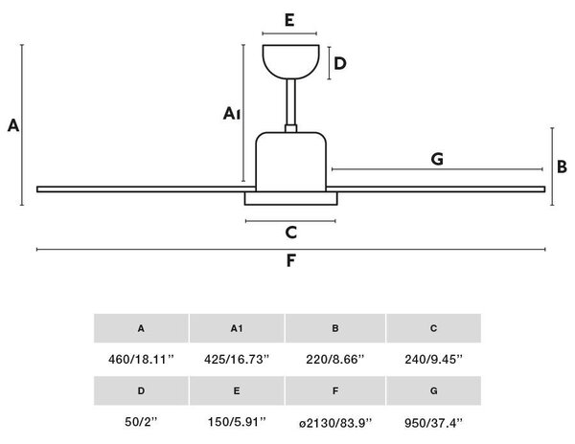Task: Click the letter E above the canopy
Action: coord(289,20)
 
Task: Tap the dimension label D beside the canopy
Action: coord(340,64)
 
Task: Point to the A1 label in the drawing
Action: coord(232,114)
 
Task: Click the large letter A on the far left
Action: coord(13,125)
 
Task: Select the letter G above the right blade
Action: coord(437,159)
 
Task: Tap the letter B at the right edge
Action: coord(562,166)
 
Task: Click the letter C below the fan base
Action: coord(290,233)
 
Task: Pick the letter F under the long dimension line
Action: coord(290,260)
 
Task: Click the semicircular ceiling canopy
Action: coord(290,61)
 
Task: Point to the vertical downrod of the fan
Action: coord(290,102)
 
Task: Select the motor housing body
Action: coord(290,162)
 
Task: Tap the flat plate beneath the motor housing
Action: coord(290,198)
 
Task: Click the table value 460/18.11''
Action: coord(141,360)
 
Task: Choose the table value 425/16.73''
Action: coord(237,360)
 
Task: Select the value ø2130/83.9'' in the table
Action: coord(335,423)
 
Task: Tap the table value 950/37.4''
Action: coord(434,423)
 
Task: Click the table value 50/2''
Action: coord(141,422)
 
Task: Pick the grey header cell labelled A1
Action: coord(237,328)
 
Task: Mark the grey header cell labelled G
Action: coord(434,391)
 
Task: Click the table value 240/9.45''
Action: coord(434,360)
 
